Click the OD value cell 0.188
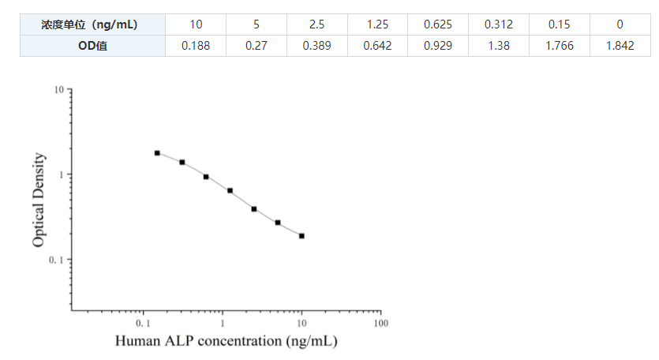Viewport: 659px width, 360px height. point(196,46)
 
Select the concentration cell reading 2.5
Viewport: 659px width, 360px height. point(316,24)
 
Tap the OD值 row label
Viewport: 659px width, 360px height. point(92,46)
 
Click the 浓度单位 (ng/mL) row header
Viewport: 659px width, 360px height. point(92,24)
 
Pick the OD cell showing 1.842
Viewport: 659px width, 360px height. point(620,46)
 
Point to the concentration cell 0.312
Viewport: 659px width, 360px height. point(498,24)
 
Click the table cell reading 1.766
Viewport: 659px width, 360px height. point(559,46)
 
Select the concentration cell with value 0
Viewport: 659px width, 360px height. point(620,24)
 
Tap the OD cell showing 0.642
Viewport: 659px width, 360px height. point(377,46)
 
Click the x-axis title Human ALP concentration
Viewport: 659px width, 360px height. point(227,342)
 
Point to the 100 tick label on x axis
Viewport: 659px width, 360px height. point(381,324)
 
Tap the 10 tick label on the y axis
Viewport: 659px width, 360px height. point(58,91)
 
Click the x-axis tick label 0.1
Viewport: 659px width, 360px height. point(143,324)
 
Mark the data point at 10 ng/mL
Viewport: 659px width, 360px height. point(301,235)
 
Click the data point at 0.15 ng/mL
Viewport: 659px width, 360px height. point(157,152)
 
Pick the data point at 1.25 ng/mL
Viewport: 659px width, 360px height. point(230,190)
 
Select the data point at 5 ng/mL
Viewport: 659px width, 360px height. point(278,223)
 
